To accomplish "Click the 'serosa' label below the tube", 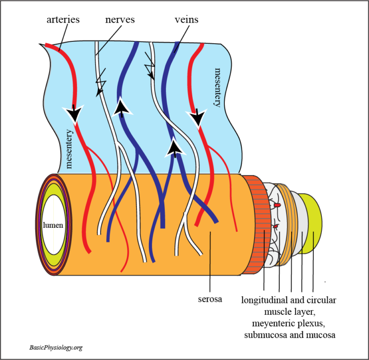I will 209,299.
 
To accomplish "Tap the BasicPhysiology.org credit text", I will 55,347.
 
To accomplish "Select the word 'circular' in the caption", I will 321,300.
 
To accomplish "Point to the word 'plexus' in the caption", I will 314,322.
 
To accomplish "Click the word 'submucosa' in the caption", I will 267,333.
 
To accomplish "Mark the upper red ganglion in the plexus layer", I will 277,205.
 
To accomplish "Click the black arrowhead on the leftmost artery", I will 74,113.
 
